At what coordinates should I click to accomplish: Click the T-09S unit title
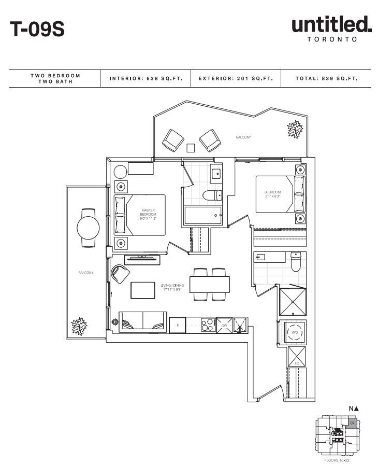click(x=37, y=29)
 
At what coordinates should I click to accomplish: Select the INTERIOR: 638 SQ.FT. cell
click(x=146, y=79)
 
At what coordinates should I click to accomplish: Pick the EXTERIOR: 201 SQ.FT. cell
click(x=235, y=79)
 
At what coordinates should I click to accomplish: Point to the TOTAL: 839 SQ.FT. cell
click(x=326, y=79)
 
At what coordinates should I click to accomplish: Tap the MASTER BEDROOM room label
click(x=148, y=214)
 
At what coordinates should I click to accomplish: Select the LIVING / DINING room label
click(x=172, y=287)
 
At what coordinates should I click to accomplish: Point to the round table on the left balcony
click(x=88, y=226)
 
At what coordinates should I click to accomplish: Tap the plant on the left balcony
click(x=79, y=325)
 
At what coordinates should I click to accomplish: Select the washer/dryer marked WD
click(x=294, y=332)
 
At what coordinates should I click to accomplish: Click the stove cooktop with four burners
click(x=208, y=325)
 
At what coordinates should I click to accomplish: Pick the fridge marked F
click(x=178, y=325)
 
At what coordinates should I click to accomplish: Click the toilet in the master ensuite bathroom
click(x=212, y=195)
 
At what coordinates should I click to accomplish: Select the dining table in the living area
click(x=210, y=285)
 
